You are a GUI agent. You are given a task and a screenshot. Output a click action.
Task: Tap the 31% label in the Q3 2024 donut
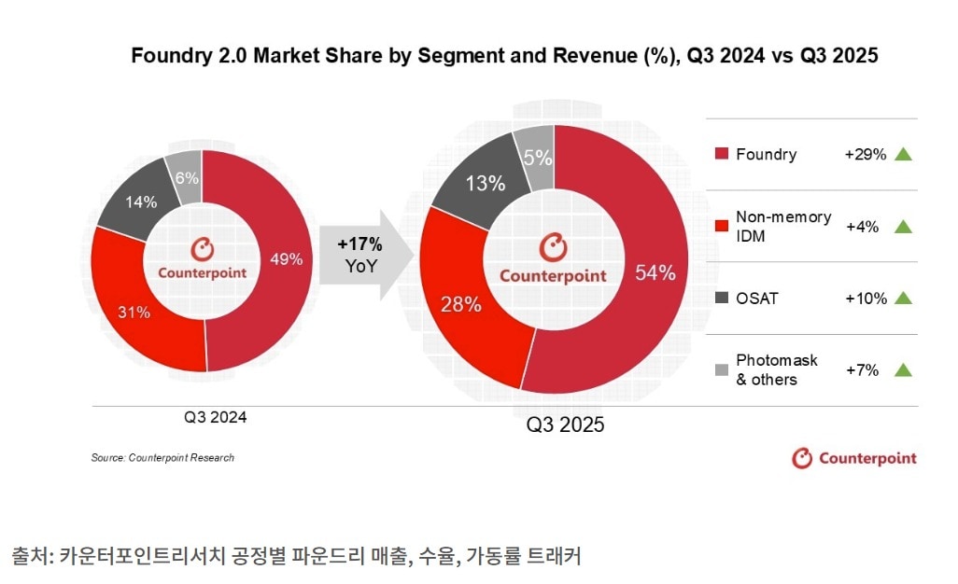click(x=135, y=313)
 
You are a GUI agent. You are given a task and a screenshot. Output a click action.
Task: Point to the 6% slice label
click(x=186, y=178)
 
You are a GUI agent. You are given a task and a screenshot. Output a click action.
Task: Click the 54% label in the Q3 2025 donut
click(x=654, y=272)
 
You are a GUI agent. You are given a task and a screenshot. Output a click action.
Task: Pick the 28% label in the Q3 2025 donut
click(x=460, y=303)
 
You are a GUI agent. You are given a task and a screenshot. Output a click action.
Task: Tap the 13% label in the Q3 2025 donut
click(x=486, y=183)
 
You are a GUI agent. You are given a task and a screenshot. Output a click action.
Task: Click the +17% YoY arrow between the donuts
click(x=362, y=253)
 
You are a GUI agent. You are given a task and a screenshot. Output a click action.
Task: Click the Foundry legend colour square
click(x=720, y=154)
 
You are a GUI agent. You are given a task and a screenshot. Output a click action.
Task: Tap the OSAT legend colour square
click(x=720, y=299)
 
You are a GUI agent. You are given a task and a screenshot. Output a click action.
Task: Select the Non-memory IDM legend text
click(x=782, y=226)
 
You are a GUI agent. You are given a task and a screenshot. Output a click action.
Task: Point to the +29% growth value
click(x=864, y=154)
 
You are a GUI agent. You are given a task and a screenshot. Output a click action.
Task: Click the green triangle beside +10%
click(x=902, y=299)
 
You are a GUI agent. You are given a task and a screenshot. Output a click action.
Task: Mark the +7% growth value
click(x=863, y=370)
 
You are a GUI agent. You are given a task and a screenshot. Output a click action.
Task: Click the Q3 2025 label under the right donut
click(x=565, y=425)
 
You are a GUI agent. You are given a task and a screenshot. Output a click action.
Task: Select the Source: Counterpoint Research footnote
click(x=162, y=458)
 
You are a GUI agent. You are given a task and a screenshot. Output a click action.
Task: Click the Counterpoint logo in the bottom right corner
click(x=853, y=458)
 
